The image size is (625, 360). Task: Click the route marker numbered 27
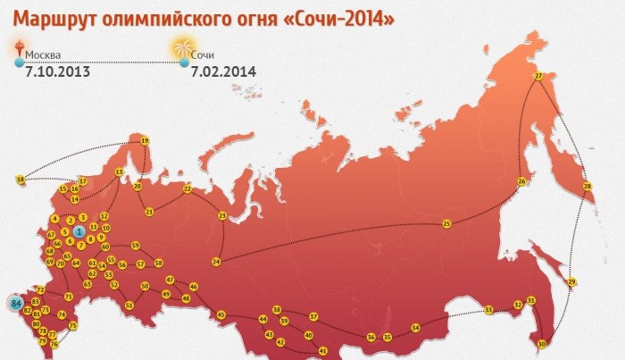click(x=538, y=77)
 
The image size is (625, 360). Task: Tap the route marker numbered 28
click(x=587, y=186)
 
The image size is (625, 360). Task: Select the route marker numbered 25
click(x=446, y=222)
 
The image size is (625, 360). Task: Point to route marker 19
click(x=144, y=140)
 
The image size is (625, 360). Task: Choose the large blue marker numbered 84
click(x=16, y=305)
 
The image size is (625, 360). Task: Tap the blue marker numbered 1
click(x=79, y=232)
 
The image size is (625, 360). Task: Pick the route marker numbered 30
click(x=541, y=344)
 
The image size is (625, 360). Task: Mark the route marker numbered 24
click(x=216, y=261)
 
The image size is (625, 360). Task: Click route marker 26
click(x=521, y=182)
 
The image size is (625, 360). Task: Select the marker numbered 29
click(x=572, y=282)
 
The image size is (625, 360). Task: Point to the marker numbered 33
click(x=489, y=310)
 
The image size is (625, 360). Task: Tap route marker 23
click(x=222, y=215)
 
